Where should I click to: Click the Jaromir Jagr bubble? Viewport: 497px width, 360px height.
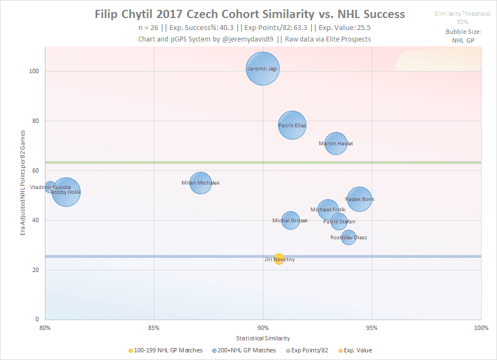point(263,68)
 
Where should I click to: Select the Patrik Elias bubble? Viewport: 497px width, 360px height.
point(292,125)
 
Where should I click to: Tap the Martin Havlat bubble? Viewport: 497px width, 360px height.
point(336,143)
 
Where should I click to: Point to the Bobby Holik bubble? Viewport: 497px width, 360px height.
point(67,192)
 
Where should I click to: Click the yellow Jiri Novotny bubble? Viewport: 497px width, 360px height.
point(279,259)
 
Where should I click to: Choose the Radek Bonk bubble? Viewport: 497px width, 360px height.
point(359,199)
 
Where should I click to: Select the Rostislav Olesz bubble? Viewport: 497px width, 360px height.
point(348,237)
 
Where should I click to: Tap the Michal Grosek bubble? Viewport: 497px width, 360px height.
point(290,221)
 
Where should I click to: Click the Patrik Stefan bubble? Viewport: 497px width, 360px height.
point(339,221)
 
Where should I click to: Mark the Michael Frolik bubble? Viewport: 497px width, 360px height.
point(328,209)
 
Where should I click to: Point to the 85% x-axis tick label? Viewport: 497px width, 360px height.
point(154,328)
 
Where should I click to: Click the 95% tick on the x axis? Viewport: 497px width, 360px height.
point(372,328)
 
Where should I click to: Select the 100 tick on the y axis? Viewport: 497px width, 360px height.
point(34,71)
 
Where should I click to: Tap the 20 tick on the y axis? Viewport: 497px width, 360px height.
point(35,270)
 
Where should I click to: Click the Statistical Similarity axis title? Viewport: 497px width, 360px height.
point(263,338)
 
